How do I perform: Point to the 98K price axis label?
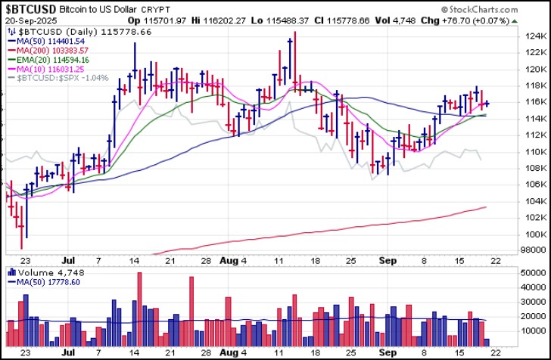click(535, 250)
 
